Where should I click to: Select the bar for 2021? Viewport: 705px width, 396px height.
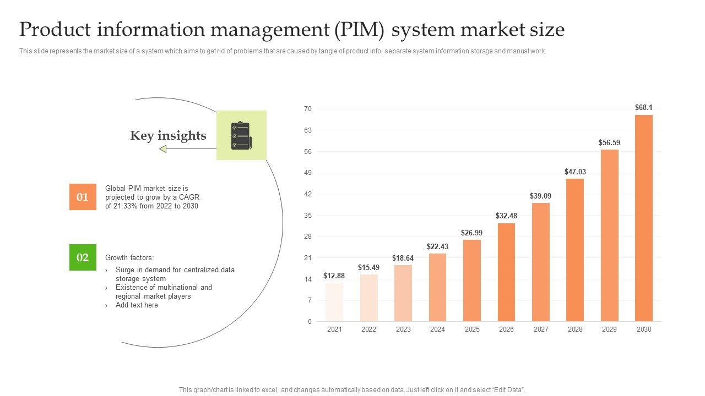point(334,302)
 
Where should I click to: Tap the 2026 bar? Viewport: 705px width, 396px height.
point(506,272)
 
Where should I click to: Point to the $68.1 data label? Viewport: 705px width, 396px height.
point(643,107)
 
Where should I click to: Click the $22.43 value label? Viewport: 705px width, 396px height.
point(437,246)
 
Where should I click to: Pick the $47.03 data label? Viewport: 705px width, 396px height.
point(575,172)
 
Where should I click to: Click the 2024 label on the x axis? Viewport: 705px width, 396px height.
point(437,329)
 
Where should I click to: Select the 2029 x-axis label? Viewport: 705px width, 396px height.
point(609,329)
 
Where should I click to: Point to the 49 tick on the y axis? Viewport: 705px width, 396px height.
point(308,173)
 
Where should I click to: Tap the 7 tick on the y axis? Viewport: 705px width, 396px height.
point(310,300)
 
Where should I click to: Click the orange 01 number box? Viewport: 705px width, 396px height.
point(83,197)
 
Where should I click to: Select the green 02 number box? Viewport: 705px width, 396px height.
point(83,257)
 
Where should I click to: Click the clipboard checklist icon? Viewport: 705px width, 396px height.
point(241,135)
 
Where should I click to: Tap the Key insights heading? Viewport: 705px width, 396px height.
point(168,136)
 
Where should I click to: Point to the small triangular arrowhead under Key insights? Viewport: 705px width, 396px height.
point(162,148)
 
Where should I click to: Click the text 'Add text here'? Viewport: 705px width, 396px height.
point(137,305)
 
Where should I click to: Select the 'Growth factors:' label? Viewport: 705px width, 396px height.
point(129,257)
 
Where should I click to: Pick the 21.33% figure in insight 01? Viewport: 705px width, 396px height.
point(127,206)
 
